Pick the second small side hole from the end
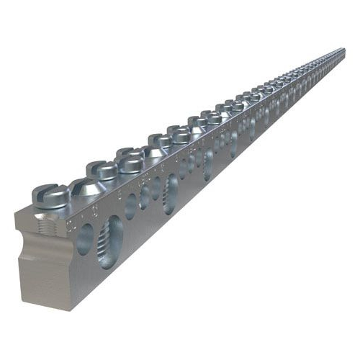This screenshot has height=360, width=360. coord(131,206)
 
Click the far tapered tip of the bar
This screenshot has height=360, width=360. coord(343,50)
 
